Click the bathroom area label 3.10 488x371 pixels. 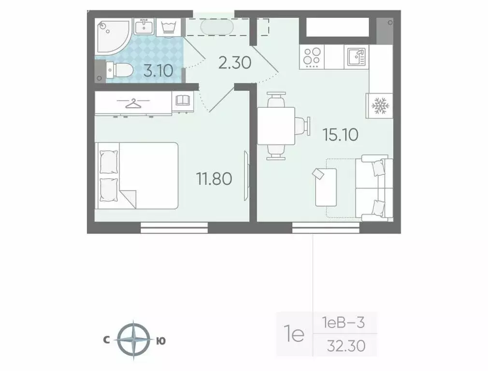click(158, 71)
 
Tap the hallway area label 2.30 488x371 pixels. click(234, 62)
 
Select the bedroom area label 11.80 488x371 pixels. click(214, 179)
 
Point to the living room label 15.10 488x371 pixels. click(340, 134)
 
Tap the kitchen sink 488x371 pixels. click(356, 57)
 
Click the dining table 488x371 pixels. click(276, 126)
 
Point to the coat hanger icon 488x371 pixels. click(131, 102)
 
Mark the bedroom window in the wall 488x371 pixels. click(174, 227)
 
